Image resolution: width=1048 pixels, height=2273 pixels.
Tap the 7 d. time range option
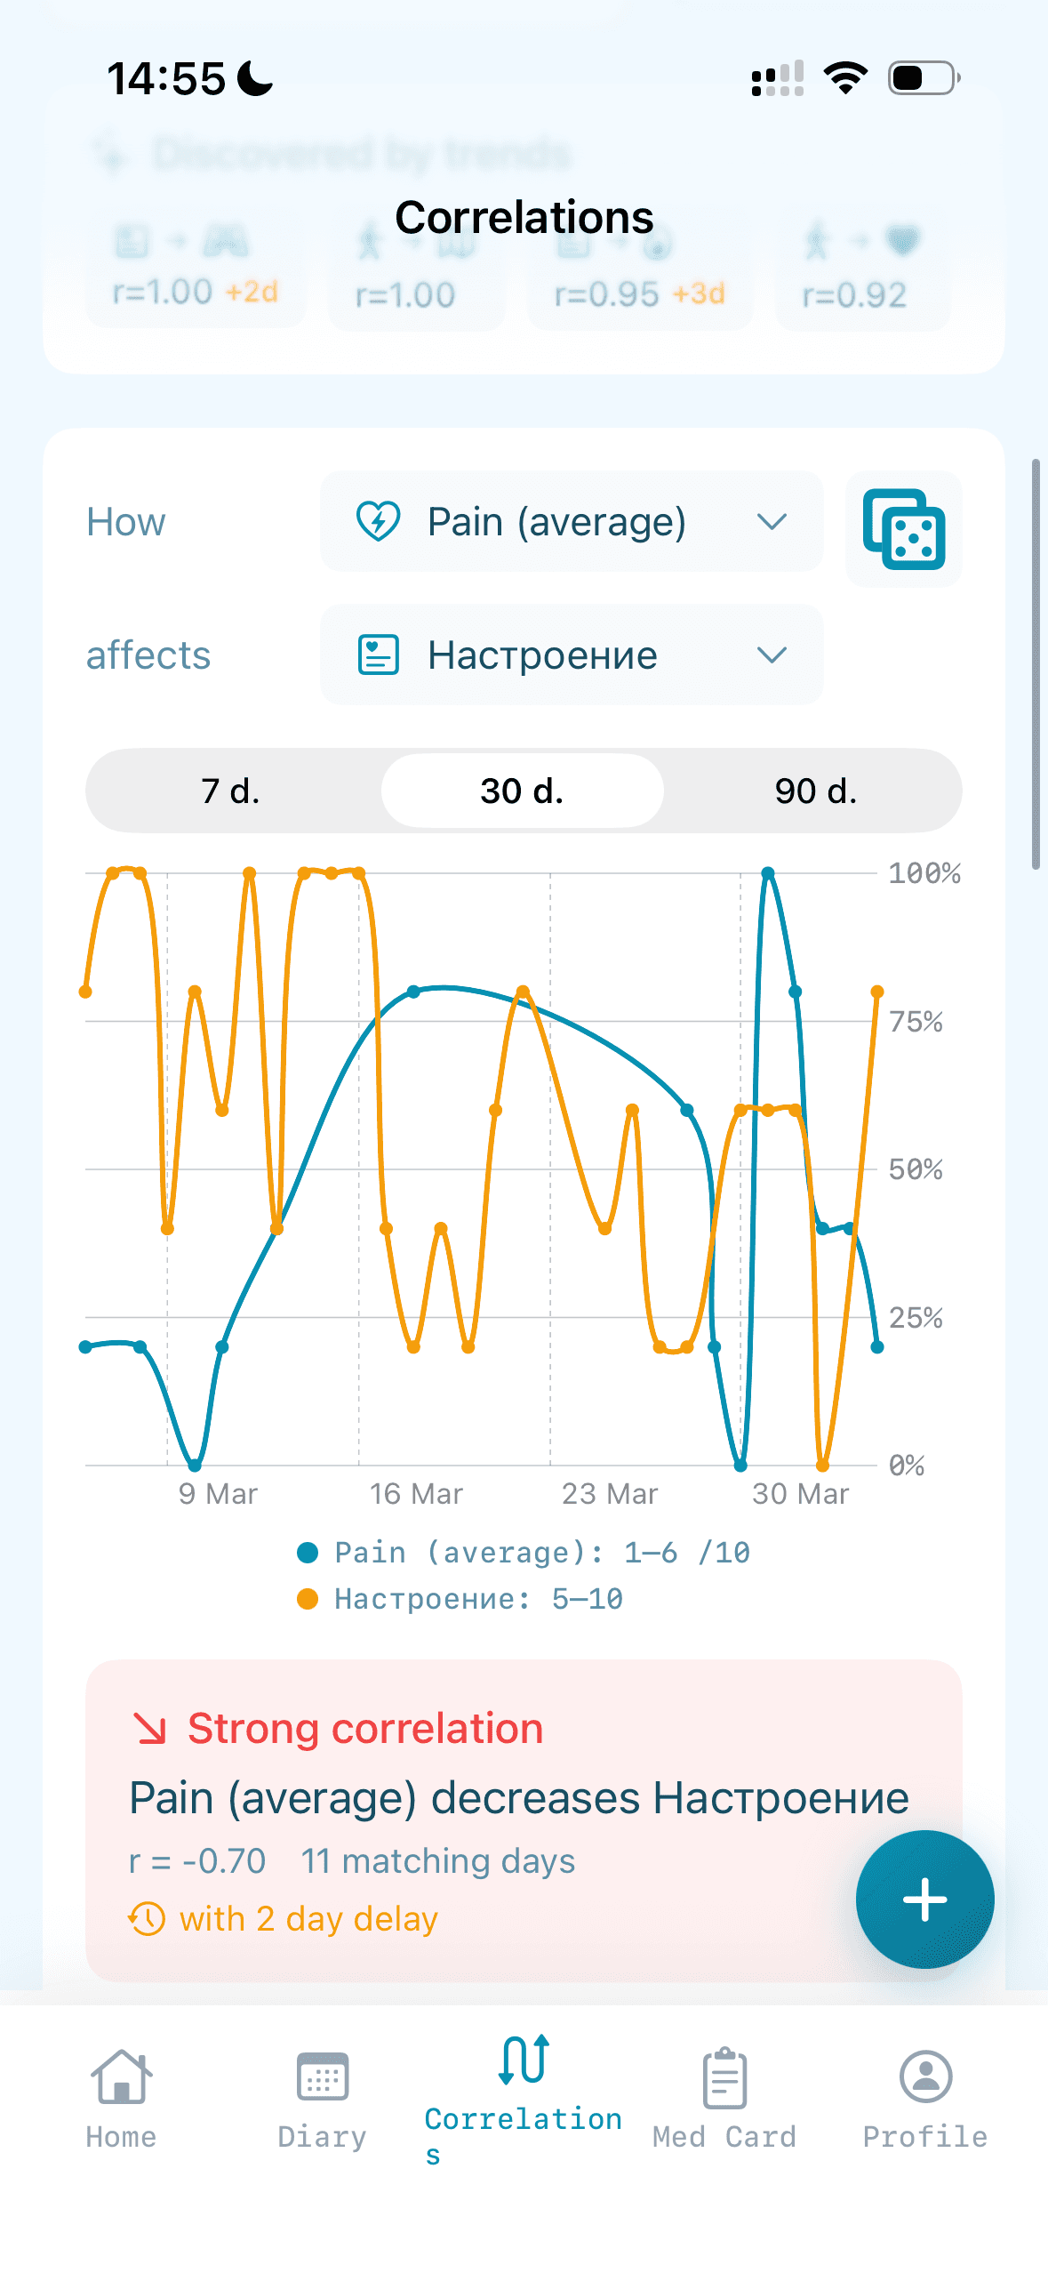click(231, 791)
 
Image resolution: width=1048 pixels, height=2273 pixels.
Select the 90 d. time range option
click(815, 791)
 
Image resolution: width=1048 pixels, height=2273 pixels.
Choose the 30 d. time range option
click(522, 791)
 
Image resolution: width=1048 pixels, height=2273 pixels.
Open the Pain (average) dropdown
click(571, 521)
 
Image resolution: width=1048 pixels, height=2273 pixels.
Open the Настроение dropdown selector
click(571, 655)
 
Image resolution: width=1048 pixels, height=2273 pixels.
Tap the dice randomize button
click(903, 529)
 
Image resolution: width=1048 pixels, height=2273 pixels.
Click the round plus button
click(924, 1899)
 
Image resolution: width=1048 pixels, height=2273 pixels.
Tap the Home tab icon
click(121, 2077)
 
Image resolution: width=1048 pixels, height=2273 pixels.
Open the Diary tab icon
click(322, 2077)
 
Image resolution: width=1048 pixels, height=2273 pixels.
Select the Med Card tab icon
click(724, 2077)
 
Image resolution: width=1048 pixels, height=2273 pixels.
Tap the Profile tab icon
click(925, 2077)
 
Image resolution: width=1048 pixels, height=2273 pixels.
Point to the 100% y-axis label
click(924, 873)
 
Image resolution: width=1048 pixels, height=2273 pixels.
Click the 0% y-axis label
click(907, 1466)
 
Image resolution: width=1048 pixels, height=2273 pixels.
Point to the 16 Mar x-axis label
click(416, 1494)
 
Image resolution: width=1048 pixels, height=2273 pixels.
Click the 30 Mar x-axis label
click(800, 1494)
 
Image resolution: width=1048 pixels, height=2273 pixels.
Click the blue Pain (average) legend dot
click(308, 1553)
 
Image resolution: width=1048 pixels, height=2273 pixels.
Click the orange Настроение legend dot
click(308, 1599)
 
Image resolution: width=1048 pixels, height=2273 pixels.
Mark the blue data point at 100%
click(768, 873)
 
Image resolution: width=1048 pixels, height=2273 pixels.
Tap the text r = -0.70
click(197, 1860)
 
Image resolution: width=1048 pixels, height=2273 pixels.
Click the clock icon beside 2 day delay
click(147, 1918)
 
